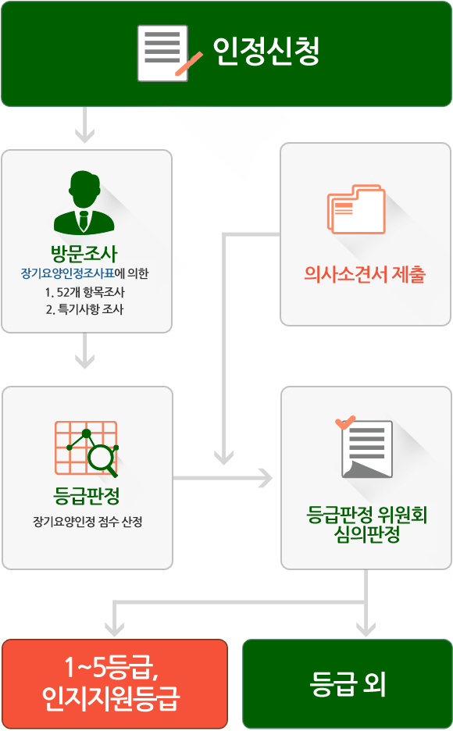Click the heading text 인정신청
(266, 52)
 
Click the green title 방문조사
(84, 253)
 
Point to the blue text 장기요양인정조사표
(68, 273)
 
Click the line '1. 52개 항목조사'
(85, 292)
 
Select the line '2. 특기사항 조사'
(85, 309)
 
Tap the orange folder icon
(356, 209)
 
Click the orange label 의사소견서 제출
(365, 274)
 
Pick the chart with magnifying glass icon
(87, 449)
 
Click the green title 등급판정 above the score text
(87, 496)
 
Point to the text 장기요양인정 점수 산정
(87, 521)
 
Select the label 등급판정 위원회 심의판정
(367, 524)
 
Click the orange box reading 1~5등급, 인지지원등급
(115, 683)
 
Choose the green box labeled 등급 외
(348, 683)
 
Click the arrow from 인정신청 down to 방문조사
(85, 125)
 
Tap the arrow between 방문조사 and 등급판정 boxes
(85, 351)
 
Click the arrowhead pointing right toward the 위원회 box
(266, 478)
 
